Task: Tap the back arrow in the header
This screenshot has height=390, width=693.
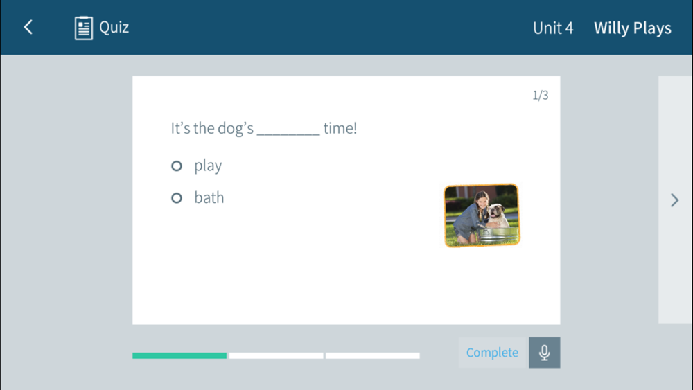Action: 28,27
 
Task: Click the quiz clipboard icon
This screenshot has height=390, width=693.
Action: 84,28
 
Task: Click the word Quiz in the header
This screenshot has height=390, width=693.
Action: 114,28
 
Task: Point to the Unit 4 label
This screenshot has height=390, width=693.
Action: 553,28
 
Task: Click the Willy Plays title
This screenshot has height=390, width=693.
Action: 633,28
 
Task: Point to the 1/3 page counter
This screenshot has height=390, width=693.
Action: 540,95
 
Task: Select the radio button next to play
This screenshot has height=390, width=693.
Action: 177,166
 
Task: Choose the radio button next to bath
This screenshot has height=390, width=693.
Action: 177,198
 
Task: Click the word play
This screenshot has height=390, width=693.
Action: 208,166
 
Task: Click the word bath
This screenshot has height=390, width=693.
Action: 209,197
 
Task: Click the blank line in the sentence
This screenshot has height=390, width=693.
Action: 288,134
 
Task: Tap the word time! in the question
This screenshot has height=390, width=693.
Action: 340,128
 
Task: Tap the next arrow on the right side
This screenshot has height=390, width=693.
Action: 674,200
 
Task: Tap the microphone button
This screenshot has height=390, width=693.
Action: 545,353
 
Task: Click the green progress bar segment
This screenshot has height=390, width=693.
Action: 179,355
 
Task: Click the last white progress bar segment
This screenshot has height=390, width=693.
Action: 373,355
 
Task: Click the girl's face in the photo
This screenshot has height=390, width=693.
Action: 482,202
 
